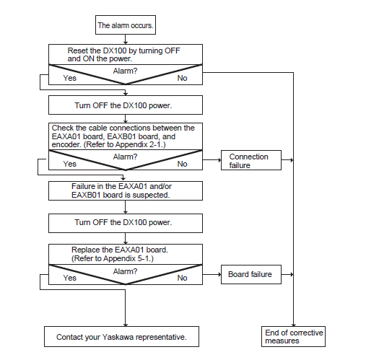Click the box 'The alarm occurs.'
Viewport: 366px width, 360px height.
click(126, 25)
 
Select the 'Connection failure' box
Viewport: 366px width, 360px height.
click(251, 160)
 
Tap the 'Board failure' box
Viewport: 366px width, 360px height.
click(251, 274)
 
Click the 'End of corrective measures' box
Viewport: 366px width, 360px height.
click(293, 336)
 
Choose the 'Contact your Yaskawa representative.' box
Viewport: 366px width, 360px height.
click(121, 336)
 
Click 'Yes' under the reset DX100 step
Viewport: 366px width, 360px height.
click(70, 78)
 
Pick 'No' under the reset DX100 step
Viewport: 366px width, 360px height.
click(182, 78)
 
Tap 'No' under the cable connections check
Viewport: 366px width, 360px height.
click(182, 164)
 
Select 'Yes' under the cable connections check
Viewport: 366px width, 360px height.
click(70, 164)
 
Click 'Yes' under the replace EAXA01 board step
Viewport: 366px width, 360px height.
click(70, 278)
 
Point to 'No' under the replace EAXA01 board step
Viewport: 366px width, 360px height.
click(182, 278)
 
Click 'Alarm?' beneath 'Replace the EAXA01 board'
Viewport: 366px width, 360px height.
click(125, 271)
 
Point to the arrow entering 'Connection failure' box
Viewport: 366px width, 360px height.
click(212, 160)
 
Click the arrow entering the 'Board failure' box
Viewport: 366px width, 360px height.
click(212, 274)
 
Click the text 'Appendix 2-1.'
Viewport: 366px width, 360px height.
click(140, 144)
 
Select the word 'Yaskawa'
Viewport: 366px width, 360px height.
click(118, 337)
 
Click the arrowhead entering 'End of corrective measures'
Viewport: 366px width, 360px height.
click(293, 325)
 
